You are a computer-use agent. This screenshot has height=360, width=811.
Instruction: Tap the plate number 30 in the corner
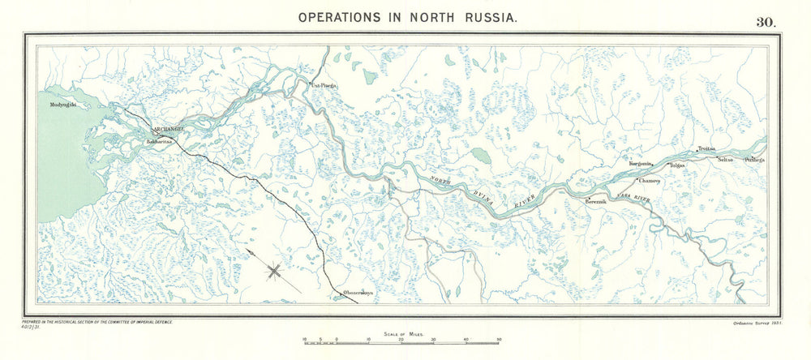tap(766, 22)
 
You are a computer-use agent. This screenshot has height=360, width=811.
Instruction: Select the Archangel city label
tap(169, 129)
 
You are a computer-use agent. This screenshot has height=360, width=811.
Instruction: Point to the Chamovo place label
tap(650, 181)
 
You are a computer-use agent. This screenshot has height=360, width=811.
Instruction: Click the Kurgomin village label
tap(641, 163)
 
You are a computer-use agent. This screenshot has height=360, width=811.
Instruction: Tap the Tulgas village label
tap(676, 165)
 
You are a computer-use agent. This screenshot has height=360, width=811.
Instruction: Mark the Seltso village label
tap(725, 160)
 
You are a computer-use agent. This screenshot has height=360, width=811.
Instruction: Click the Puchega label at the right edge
tap(755, 160)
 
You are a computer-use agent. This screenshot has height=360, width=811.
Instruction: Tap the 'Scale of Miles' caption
tap(402, 333)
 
